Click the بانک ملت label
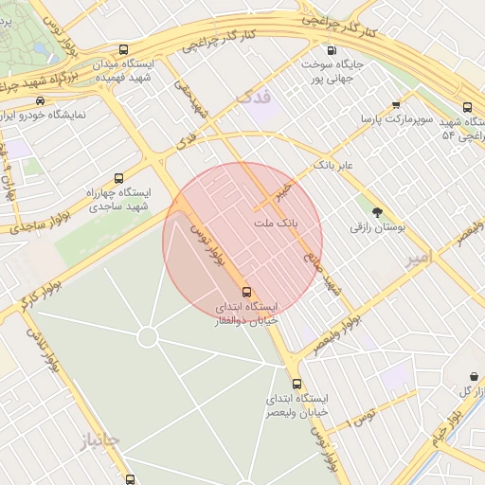pyautogui.click(x=277, y=224)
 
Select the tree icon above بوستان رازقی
pyautogui.click(x=378, y=212)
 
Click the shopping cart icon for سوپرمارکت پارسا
pyautogui.click(x=396, y=105)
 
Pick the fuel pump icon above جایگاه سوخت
pyautogui.click(x=331, y=51)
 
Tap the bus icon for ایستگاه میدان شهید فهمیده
pyautogui.click(x=123, y=49)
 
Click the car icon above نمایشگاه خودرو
pyautogui.click(x=41, y=100)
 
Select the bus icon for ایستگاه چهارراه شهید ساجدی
pyautogui.click(x=118, y=178)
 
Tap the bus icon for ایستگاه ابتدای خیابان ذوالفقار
pyautogui.click(x=247, y=292)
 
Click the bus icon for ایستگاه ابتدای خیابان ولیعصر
pyautogui.click(x=297, y=384)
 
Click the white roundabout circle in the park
pyautogui.click(x=147, y=336)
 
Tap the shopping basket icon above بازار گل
pyautogui.click(x=475, y=376)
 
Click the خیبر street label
pyautogui.click(x=281, y=191)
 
